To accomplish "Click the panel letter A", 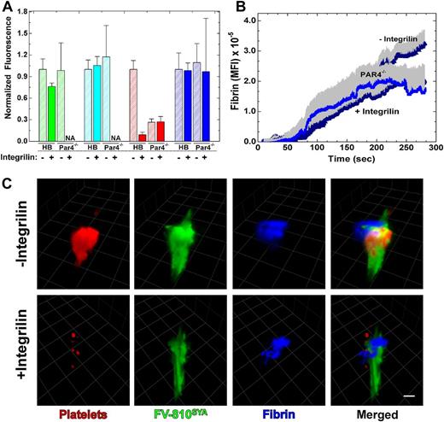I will [x=8, y=8].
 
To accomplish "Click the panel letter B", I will [x=237, y=8].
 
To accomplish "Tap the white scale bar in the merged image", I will [x=409, y=373].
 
